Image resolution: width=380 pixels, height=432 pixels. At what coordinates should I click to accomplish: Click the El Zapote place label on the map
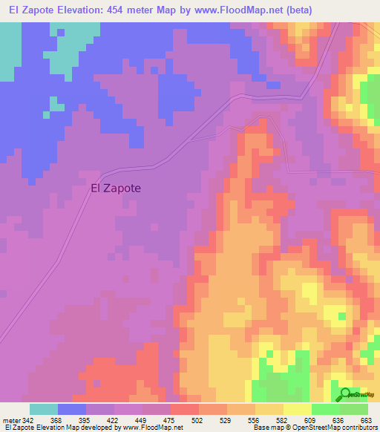pyautogui.click(x=115, y=188)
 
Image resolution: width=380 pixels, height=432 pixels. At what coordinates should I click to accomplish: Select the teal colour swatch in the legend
pyautogui.click(x=44, y=409)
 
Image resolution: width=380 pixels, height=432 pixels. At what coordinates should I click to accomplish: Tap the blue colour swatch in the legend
pyautogui.click(x=72, y=409)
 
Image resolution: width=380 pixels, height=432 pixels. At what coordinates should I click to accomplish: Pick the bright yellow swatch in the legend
pyautogui.click(x=298, y=409)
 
